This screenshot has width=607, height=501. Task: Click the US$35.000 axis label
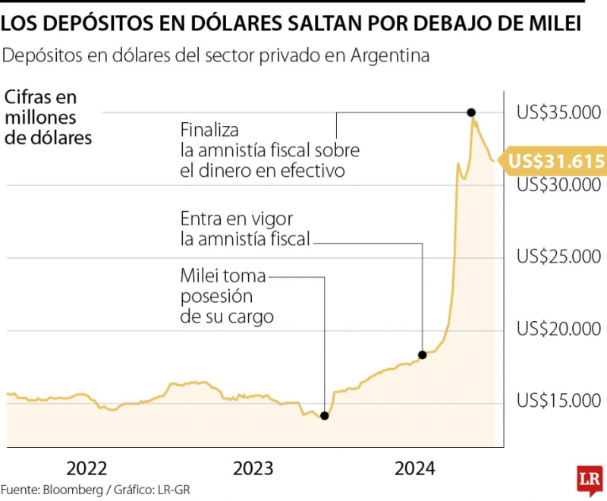point(558,112)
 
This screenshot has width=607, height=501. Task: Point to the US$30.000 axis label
point(558,185)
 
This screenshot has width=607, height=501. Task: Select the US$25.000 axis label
point(558,257)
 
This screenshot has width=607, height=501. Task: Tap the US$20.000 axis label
point(558,329)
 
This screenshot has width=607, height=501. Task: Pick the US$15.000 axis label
point(558,400)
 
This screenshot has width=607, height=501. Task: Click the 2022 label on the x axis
point(86,468)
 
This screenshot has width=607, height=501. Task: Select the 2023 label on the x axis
point(253,468)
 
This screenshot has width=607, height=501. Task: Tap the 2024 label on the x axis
point(414,468)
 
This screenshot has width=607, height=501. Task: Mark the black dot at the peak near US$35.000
point(471,112)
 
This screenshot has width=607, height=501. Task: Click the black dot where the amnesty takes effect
point(423,354)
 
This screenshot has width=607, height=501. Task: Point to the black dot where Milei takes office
point(325,416)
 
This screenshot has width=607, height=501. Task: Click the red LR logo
point(590,480)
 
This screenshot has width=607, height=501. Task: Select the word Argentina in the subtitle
point(390,55)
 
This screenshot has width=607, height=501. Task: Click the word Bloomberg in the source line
point(73,490)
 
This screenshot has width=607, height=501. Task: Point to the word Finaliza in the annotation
point(209,130)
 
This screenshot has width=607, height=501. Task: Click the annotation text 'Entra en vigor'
point(237,219)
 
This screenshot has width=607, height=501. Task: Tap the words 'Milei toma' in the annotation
point(223,276)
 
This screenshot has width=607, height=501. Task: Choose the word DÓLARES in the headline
point(236,23)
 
